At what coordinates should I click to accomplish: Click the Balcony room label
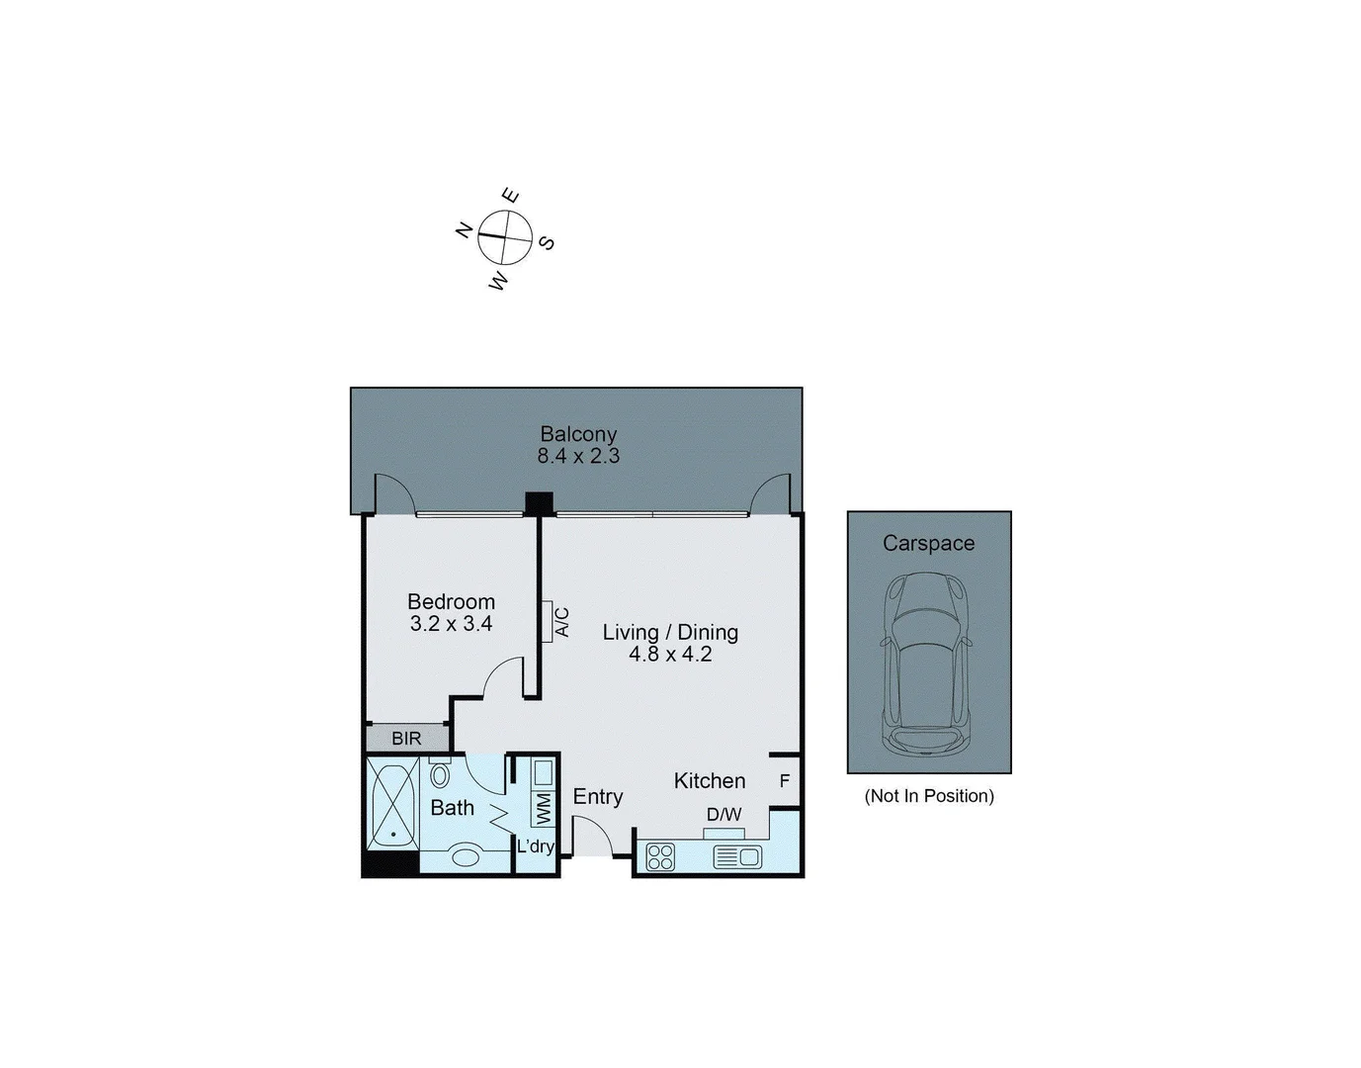click(x=578, y=434)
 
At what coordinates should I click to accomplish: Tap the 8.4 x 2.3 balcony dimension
click(x=578, y=456)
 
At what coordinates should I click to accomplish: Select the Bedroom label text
click(x=451, y=601)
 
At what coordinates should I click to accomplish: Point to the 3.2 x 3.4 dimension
click(x=451, y=623)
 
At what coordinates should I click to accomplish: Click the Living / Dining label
click(x=670, y=632)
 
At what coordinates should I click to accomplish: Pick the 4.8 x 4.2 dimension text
click(x=670, y=654)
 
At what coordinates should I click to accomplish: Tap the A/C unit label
click(x=562, y=622)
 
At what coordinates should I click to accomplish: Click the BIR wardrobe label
click(x=406, y=739)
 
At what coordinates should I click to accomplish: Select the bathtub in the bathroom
click(x=393, y=803)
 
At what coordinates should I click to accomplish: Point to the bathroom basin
click(x=465, y=855)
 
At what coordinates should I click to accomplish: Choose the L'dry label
click(x=536, y=846)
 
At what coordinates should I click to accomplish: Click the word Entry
click(x=598, y=797)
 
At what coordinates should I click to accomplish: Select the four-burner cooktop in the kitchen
click(x=660, y=856)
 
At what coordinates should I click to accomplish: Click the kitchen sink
click(x=737, y=856)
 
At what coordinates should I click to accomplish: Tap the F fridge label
click(x=785, y=781)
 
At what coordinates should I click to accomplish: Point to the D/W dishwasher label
click(x=723, y=815)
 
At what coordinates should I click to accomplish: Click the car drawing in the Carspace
click(x=927, y=664)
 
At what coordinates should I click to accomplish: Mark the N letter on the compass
click(x=464, y=230)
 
